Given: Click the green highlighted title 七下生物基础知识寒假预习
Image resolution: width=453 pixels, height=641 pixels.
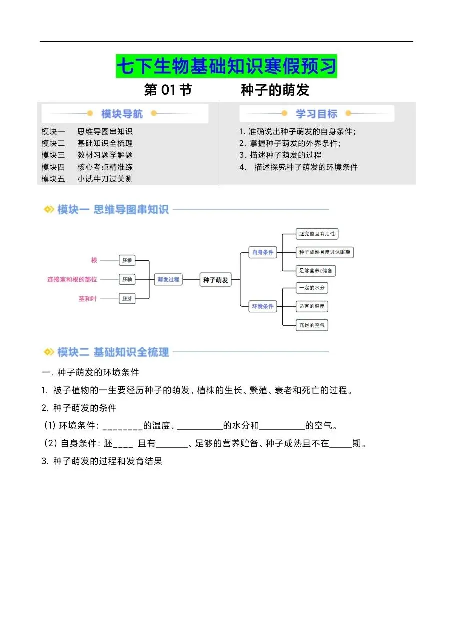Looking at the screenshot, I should click(x=226, y=66).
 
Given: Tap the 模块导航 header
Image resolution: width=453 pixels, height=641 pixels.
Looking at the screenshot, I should click(x=122, y=114).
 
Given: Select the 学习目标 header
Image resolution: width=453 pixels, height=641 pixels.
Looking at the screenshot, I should click(x=316, y=114).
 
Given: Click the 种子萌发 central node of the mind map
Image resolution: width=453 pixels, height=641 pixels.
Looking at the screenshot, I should click(x=215, y=280).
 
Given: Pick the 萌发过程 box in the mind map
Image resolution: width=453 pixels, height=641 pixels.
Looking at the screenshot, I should click(x=168, y=280).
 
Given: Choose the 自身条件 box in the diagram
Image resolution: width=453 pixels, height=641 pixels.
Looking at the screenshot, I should click(x=262, y=252).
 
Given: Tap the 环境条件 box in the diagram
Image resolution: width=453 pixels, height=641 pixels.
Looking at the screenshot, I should click(x=262, y=306).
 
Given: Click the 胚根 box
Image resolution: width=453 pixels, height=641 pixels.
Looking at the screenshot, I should click(x=127, y=261).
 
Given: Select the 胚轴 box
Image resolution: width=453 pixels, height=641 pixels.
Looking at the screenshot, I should click(x=127, y=280).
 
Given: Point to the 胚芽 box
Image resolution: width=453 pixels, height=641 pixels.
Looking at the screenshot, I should click(x=127, y=299).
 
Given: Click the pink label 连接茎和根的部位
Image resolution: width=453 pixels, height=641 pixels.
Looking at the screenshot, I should click(x=72, y=280).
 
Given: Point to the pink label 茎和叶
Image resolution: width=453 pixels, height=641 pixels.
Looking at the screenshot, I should click(x=88, y=299).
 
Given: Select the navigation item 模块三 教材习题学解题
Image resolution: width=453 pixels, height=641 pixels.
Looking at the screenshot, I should click(x=87, y=155).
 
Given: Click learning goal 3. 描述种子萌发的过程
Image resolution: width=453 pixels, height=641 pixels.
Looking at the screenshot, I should click(x=280, y=155).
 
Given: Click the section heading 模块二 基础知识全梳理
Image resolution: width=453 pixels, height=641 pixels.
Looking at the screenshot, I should click(x=113, y=352).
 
